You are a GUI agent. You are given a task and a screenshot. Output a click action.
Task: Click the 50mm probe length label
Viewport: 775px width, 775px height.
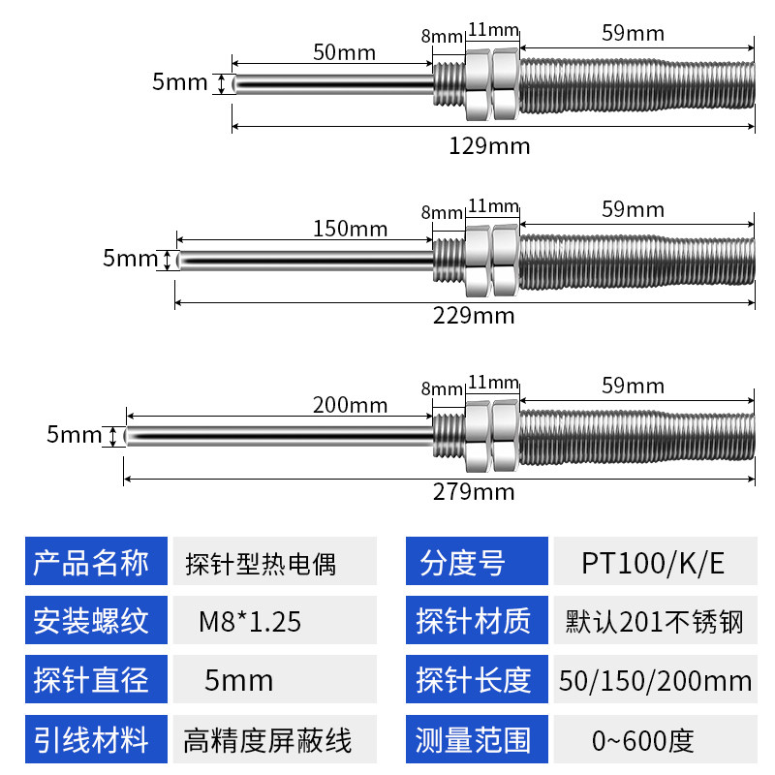345,52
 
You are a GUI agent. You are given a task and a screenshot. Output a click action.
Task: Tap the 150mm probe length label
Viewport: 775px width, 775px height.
351,229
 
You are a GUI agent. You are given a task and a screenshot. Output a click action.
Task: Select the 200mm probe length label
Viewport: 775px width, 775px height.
351,405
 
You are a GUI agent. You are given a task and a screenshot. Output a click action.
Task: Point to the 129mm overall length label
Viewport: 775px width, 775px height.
489,146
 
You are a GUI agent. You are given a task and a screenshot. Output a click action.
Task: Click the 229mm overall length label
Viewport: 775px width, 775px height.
474,316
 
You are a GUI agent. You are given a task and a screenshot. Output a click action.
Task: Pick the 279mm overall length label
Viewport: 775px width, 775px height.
474,492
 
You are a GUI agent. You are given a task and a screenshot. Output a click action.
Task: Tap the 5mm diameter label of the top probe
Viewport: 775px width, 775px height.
179,82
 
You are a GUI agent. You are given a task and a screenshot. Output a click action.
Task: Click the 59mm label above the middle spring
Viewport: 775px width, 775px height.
634,209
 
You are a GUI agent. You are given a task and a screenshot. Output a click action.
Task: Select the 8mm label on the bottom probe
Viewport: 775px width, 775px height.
442,389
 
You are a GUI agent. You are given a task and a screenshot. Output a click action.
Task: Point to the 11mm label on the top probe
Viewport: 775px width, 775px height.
494,30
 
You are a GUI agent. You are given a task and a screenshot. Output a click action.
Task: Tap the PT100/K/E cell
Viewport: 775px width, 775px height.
656,561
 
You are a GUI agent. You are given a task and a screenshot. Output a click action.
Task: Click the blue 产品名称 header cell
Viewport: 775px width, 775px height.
96,561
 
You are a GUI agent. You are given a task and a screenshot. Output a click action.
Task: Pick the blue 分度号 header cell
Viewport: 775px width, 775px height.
477,561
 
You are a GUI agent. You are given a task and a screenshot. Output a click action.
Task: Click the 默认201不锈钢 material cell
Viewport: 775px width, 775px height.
656,620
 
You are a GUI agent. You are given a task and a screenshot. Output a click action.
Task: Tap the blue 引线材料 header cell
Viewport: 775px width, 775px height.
96,739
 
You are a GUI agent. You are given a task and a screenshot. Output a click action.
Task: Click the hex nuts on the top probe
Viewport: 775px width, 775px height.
492,84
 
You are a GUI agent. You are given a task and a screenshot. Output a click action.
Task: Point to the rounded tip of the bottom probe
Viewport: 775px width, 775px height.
127,437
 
